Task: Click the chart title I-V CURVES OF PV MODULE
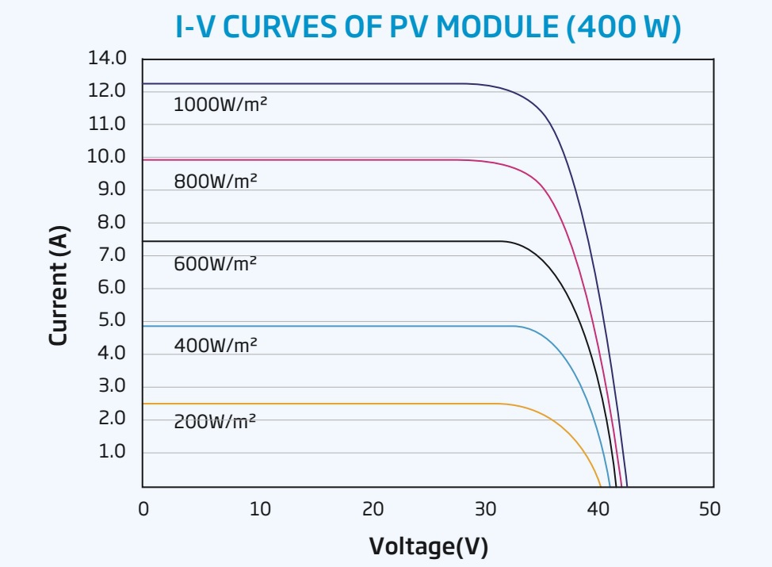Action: click(428, 29)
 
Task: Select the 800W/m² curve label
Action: click(216, 182)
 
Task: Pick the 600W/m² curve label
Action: click(216, 263)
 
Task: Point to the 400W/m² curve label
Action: click(216, 346)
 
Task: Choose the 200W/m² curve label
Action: click(216, 422)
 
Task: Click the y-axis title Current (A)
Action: click(59, 286)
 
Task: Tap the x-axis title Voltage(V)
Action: click(428, 546)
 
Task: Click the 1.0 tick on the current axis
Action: click(112, 451)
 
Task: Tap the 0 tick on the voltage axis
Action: click(143, 508)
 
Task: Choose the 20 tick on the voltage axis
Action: click(373, 508)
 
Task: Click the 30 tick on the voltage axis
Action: click(487, 508)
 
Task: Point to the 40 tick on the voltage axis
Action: click(599, 508)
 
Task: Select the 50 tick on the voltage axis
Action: click(710, 508)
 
